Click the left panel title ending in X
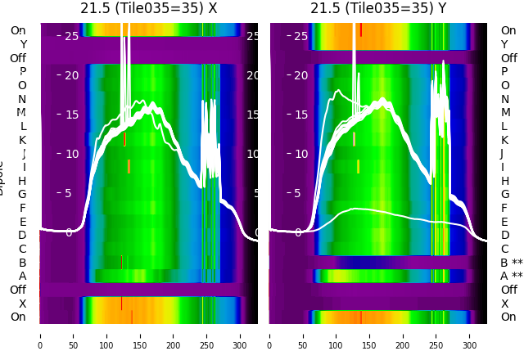click(148, 8)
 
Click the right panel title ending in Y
click(378, 8)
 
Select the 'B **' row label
click(511, 263)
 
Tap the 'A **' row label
click(511, 277)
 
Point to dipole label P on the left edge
click(22, 72)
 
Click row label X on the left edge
click(22, 304)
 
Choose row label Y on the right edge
click(504, 44)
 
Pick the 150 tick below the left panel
click(140, 335)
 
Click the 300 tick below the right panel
click(470, 335)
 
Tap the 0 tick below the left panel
click(39, 335)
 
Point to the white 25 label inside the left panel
click(71, 36)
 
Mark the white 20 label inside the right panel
click(301, 75)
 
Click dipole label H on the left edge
click(22, 181)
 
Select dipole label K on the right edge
click(504, 140)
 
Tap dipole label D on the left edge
click(22, 236)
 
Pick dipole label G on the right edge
click(504, 195)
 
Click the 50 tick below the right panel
click(303, 335)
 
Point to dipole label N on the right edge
click(504, 99)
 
